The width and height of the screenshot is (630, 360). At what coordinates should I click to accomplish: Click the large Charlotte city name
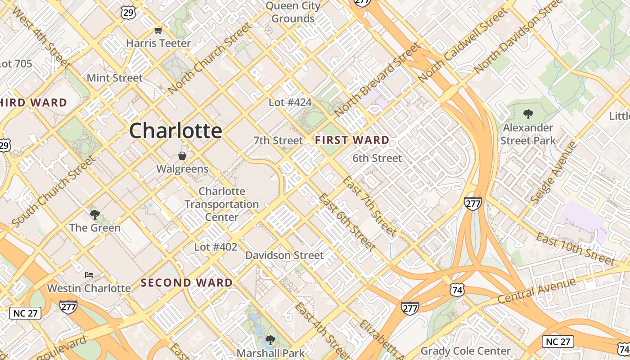(175, 131)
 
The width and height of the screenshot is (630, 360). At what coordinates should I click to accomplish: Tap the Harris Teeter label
(158, 43)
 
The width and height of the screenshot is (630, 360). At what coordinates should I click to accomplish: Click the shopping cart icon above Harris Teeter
(158, 30)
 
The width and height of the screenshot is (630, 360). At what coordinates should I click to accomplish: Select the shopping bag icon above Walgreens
(182, 156)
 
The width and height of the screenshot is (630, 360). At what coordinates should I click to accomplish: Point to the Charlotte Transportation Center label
(222, 204)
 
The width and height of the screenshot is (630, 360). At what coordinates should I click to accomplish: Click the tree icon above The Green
(94, 214)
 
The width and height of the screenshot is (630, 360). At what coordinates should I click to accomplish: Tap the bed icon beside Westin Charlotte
(89, 274)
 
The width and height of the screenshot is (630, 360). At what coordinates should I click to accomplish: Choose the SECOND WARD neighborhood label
(187, 283)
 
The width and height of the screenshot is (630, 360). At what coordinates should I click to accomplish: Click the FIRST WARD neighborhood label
(352, 140)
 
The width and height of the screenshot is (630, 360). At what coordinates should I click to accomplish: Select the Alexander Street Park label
(528, 134)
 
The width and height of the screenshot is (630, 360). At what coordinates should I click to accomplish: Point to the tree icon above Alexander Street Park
(528, 114)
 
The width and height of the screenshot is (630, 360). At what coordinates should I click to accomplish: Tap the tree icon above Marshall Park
(270, 340)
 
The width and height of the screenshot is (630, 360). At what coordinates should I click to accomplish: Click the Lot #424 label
(290, 103)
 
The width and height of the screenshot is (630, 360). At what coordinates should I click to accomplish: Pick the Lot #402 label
(216, 247)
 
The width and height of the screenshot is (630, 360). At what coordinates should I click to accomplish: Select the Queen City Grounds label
(293, 12)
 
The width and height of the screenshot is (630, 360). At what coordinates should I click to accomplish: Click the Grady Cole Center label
(465, 351)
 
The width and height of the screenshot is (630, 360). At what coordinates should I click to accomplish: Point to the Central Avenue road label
(537, 291)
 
